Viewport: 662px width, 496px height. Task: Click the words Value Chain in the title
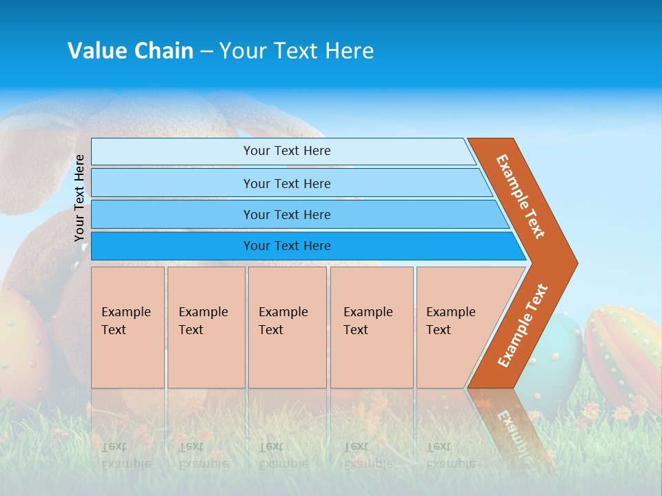(130, 50)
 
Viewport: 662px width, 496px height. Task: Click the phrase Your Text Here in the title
(297, 50)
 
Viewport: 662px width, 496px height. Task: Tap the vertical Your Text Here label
(79, 198)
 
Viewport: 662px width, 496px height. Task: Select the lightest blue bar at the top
(283, 151)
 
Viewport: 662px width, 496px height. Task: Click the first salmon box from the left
(128, 327)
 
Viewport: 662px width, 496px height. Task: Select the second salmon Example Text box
(206, 327)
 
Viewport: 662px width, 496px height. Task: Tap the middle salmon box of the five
(287, 327)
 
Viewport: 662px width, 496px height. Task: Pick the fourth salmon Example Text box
(372, 327)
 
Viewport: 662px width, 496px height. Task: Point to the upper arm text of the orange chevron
(521, 196)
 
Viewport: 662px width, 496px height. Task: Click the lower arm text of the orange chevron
(523, 325)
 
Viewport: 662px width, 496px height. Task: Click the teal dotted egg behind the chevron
(562, 351)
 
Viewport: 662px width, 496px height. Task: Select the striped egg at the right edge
(624, 351)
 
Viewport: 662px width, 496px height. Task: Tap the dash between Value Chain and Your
(206, 51)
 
